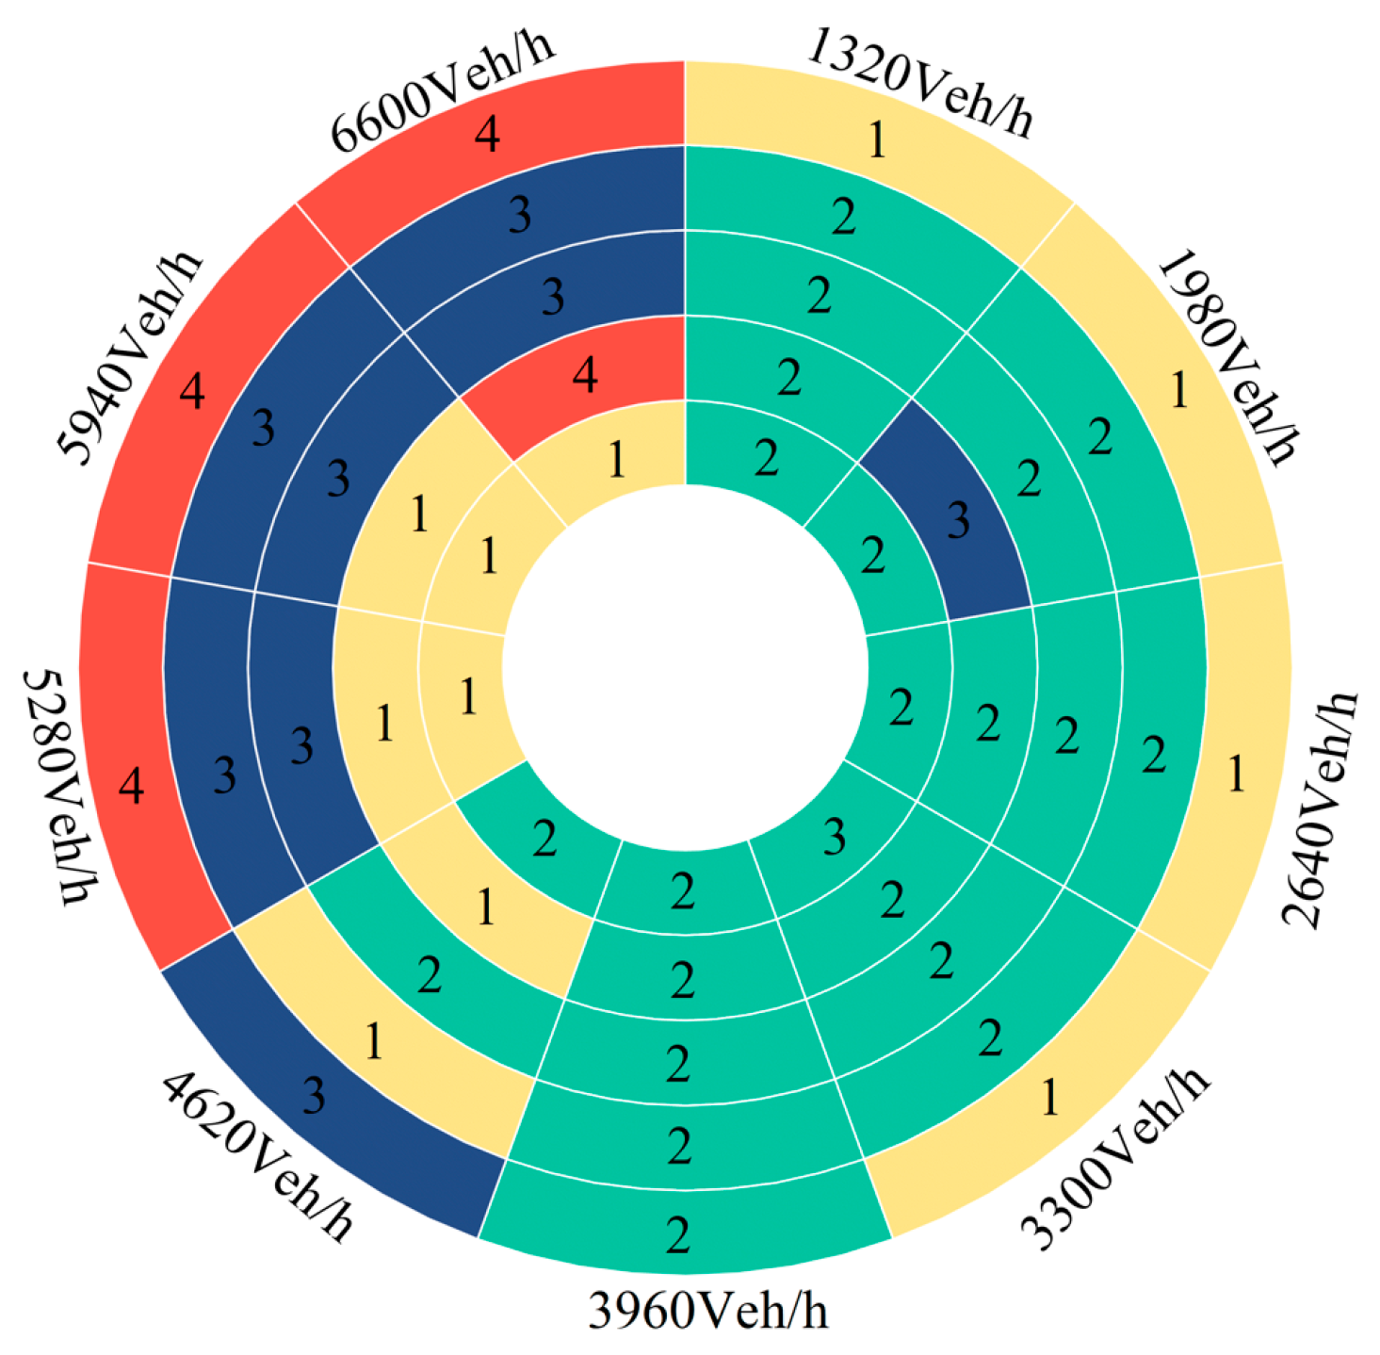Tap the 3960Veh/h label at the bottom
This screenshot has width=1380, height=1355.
[x=708, y=1310]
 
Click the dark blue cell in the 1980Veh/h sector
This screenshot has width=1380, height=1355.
[x=951, y=514]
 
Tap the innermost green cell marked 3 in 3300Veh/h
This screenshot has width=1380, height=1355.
[x=829, y=834]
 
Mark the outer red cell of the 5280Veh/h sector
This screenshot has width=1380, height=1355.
[x=132, y=782]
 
